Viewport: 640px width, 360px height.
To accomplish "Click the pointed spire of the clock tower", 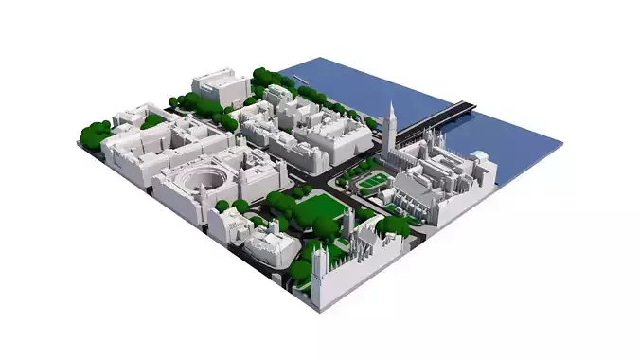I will click(391, 106).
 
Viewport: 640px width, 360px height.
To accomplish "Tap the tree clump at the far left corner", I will click(95, 135).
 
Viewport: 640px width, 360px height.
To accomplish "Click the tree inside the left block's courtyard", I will click(151, 121).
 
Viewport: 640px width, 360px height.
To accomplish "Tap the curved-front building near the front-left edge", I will click(271, 248).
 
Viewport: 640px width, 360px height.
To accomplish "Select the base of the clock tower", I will click(389, 147).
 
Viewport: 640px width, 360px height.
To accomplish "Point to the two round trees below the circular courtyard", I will click(232, 206).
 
